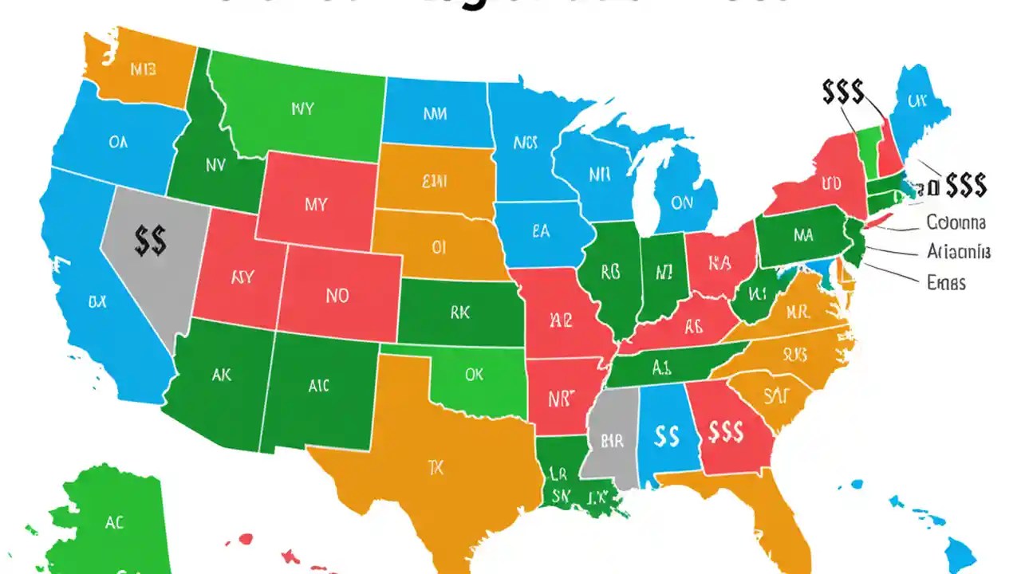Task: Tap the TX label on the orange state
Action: (436, 467)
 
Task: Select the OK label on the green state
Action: (474, 375)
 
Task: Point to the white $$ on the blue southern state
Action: (665, 435)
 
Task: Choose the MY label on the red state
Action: (316, 204)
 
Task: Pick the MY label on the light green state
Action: (302, 108)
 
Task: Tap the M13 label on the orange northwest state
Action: (143, 69)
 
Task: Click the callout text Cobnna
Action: (956, 222)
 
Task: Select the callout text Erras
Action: (946, 282)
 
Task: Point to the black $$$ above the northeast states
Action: (842, 92)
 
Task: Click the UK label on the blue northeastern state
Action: (917, 102)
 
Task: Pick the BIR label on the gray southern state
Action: (612, 440)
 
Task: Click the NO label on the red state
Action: (337, 296)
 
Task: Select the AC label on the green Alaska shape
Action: (114, 523)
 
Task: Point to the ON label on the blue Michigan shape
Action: (682, 203)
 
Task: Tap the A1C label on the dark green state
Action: (318, 386)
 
